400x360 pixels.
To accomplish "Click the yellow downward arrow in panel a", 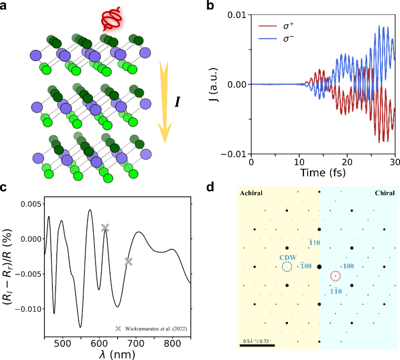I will pos(165,100).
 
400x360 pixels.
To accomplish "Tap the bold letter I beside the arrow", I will pos(177,102).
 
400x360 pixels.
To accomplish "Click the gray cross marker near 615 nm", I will pos(105,227).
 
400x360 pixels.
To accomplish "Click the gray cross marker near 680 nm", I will pos(128,262).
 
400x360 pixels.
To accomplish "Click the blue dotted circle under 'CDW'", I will pos(287,267).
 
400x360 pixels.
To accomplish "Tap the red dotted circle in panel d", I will pos(335,276).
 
